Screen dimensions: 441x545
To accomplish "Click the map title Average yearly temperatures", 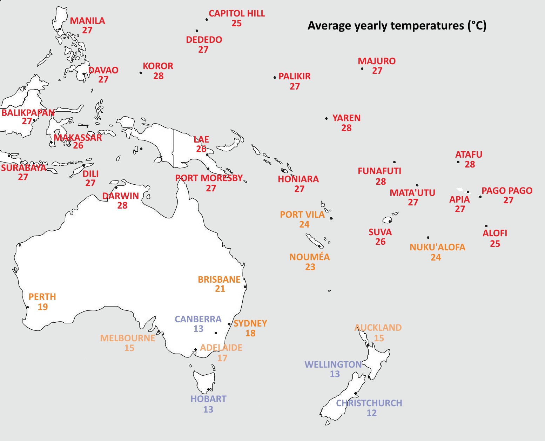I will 397,26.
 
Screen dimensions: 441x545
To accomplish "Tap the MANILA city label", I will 87,21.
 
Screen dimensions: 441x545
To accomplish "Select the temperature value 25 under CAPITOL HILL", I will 236,23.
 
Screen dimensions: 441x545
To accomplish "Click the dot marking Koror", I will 141,73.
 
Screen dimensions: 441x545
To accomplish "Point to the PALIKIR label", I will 295,76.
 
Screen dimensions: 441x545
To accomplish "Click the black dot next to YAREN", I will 326,119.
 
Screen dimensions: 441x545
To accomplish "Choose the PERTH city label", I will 42,297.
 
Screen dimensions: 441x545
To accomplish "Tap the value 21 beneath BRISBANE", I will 220,289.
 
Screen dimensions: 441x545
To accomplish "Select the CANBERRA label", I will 198,319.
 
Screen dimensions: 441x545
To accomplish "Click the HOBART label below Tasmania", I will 208,399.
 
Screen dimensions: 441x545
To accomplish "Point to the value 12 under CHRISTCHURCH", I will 371,413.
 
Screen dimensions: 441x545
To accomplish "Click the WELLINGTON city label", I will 333,364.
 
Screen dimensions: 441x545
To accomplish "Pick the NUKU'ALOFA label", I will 437,247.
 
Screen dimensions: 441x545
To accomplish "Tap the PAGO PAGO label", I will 507,191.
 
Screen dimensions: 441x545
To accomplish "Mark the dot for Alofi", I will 486,226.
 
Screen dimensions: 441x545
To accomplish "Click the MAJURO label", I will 377,61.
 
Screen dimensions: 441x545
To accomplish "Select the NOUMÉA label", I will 309,257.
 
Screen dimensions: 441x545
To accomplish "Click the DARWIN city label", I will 121,196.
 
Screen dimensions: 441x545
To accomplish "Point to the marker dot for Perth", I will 27,307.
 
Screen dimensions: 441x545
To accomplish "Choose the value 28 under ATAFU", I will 470,164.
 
